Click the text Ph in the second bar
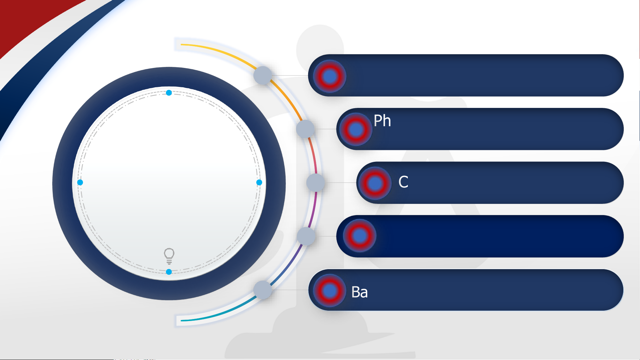(382, 121)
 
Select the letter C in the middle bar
(403, 182)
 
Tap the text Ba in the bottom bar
(359, 292)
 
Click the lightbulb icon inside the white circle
(169, 256)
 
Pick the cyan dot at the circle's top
(169, 93)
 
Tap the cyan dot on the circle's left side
(80, 182)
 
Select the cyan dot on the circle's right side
(259, 182)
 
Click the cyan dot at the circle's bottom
(169, 272)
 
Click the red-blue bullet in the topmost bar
(330, 76)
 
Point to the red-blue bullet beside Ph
(356, 129)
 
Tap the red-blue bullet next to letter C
(375, 183)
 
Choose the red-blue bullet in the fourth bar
(360, 236)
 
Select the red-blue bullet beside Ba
(330, 290)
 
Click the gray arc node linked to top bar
(263, 75)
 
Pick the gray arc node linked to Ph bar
(306, 129)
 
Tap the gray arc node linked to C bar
(316, 182)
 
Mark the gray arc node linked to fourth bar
(306, 236)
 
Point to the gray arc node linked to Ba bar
(263, 290)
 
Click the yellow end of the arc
(183, 44)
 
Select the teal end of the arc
(183, 320)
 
